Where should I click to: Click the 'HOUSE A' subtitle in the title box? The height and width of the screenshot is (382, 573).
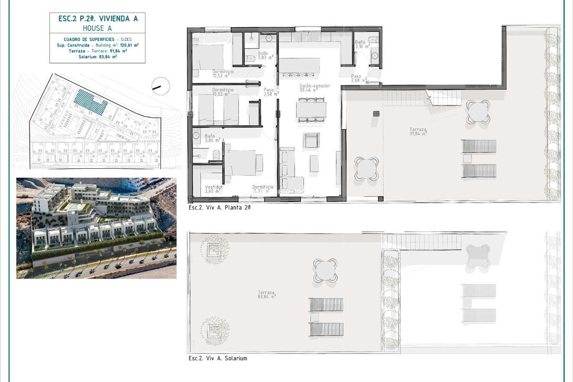[97, 28]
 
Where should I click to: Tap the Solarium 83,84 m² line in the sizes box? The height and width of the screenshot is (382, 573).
[97, 56]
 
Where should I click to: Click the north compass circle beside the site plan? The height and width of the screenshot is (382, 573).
[160, 86]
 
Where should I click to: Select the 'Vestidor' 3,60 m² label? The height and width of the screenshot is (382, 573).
[214, 189]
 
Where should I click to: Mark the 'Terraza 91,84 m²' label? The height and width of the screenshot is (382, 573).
[419, 132]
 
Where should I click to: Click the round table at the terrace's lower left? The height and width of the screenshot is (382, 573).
[367, 168]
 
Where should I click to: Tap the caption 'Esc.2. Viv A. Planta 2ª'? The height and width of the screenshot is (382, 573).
[219, 207]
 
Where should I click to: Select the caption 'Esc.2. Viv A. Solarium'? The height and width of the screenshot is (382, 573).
[218, 358]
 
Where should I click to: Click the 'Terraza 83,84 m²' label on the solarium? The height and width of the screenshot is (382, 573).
[267, 294]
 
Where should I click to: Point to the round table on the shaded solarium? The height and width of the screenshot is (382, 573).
[325, 270]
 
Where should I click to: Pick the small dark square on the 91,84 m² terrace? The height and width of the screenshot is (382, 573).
[376, 113]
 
